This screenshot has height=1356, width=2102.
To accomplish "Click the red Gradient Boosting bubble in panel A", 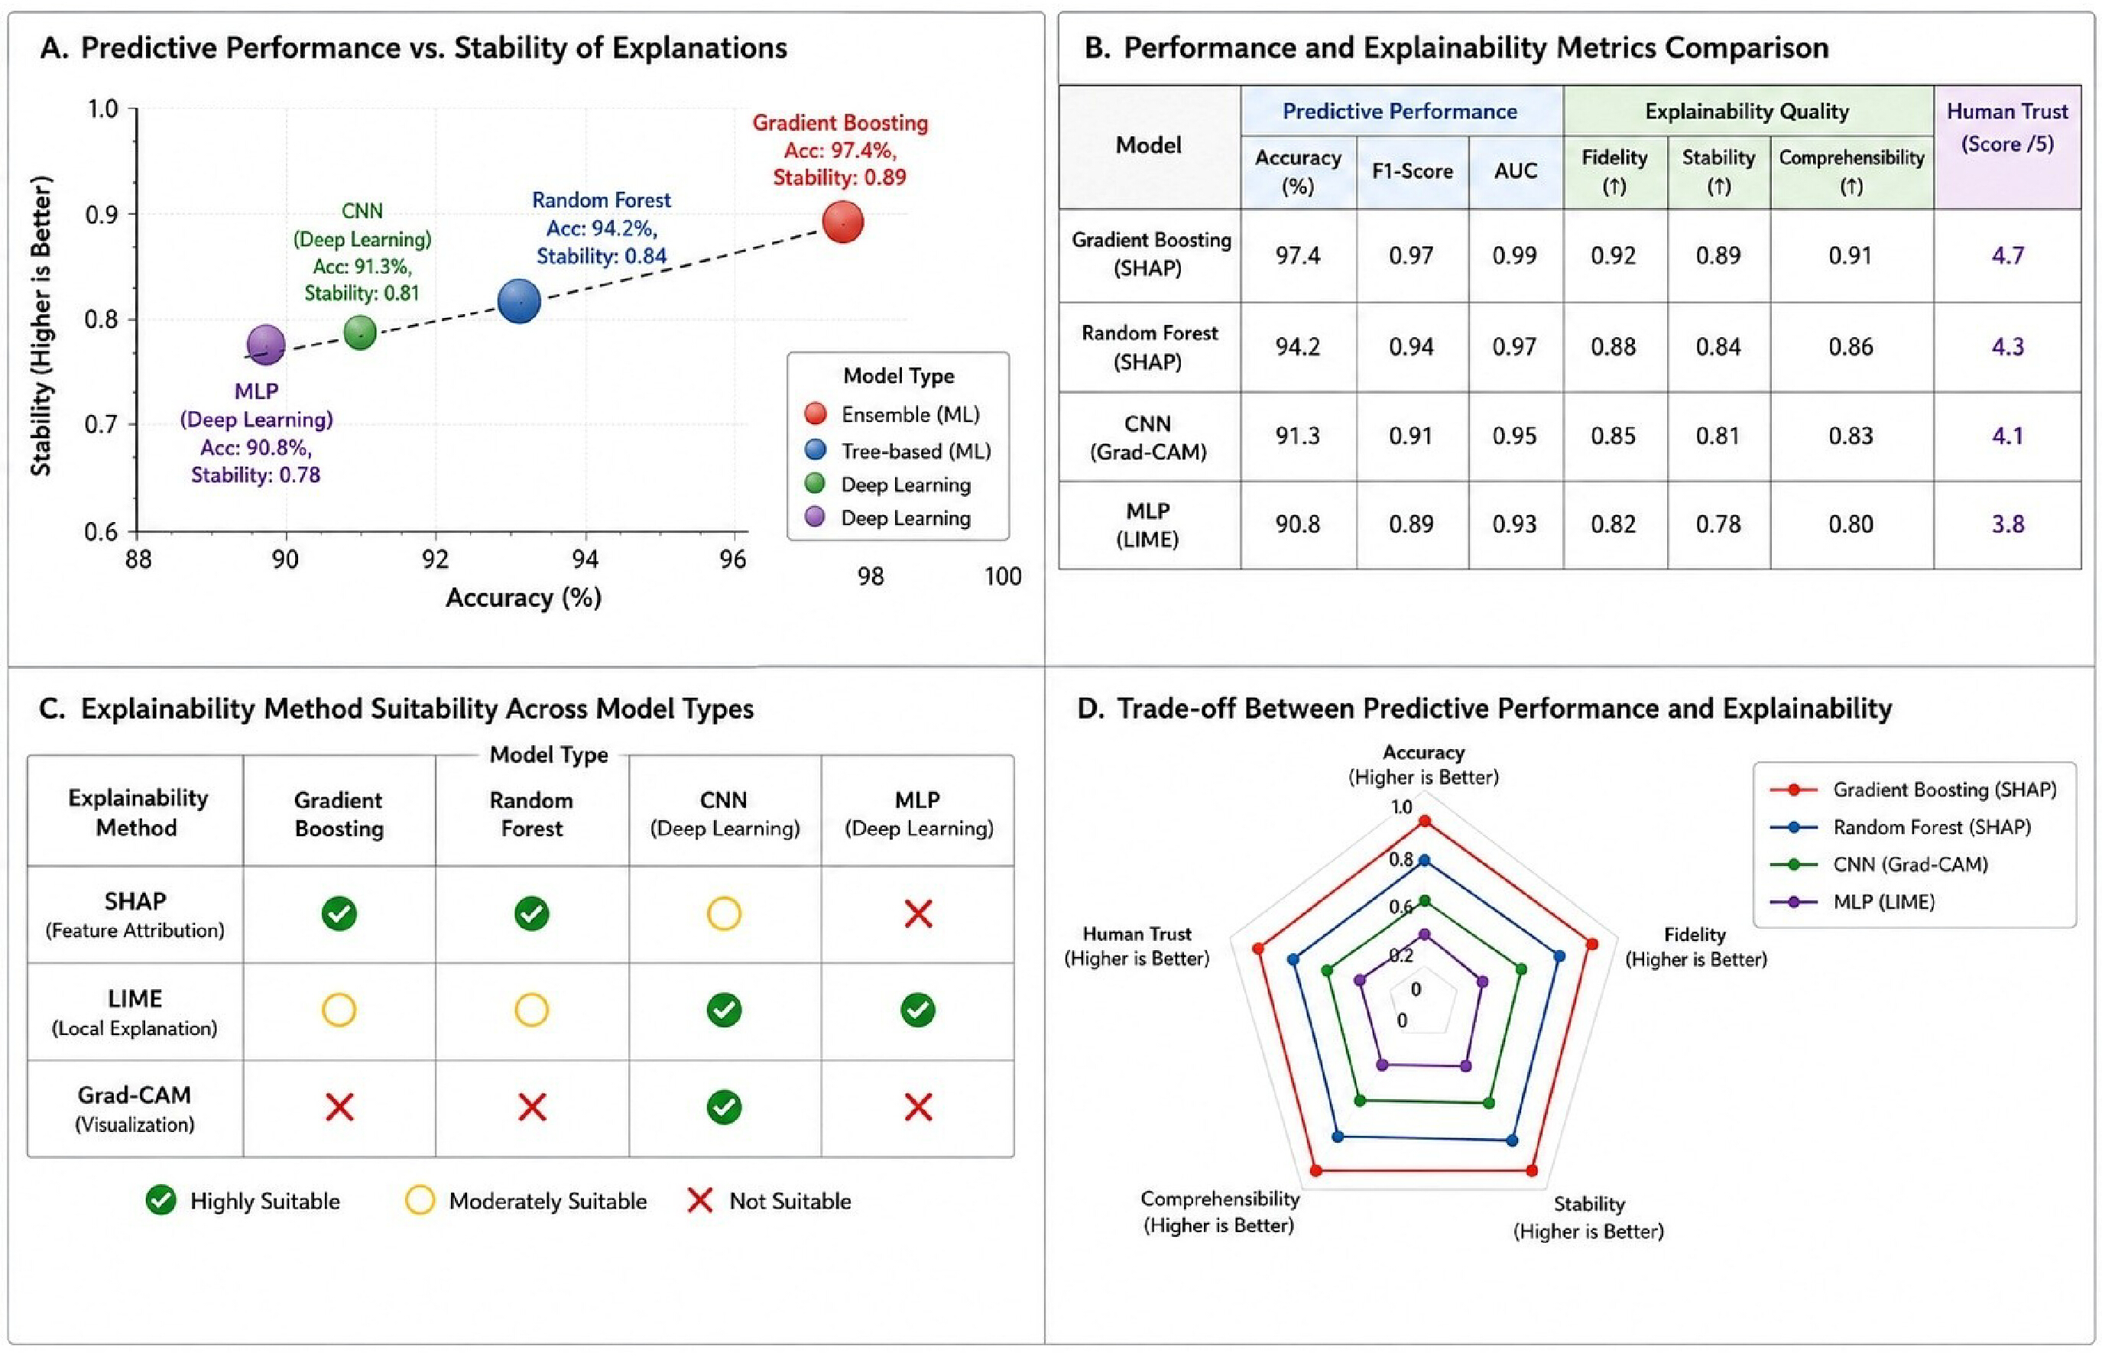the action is pos(842,222).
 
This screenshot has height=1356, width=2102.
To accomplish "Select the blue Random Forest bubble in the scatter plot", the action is pos(519,301).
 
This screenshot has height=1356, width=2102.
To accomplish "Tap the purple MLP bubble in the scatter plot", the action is pos(266,344).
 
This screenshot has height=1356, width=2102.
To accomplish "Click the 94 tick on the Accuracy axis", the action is pos(586,559).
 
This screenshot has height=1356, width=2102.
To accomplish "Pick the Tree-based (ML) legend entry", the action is pos(898,451).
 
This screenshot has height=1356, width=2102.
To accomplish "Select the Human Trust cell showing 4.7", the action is pos(2007,255).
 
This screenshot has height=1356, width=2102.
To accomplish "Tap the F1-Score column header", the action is pos(1412,170).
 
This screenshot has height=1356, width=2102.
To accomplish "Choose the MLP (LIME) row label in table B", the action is pos(1148,525).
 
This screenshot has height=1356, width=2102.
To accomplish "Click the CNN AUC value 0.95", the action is pos(1514,436).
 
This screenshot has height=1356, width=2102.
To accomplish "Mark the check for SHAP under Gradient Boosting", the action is pos(339,914).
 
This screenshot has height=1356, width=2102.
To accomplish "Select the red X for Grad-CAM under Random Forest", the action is pos(532,1107).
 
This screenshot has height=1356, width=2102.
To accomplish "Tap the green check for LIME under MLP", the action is pos(917,1010).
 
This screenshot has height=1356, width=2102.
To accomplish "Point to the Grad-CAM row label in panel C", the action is pos(135,1108).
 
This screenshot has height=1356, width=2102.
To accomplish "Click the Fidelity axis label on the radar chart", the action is pos(1695,946).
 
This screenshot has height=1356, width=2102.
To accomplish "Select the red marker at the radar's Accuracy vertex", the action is pos(1424,822).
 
